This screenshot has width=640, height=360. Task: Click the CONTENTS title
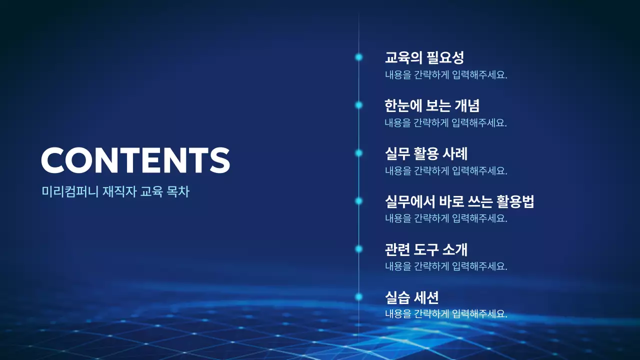(x=135, y=160)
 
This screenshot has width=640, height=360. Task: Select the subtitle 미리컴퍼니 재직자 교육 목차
(x=115, y=191)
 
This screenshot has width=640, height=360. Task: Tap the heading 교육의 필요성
(x=424, y=57)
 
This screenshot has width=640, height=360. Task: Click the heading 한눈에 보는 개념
(x=432, y=105)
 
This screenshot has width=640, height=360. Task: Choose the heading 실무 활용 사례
(x=426, y=153)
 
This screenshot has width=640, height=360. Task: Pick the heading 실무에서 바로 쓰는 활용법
(x=459, y=201)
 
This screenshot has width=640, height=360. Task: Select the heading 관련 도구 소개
(x=426, y=249)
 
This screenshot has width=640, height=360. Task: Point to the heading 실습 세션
(x=411, y=297)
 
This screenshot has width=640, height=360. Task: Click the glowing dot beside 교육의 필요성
(x=358, y=57)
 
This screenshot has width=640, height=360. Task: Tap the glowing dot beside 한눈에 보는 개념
(x=358, y=105)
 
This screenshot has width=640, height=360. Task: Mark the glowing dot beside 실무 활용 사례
(x=358, y=153)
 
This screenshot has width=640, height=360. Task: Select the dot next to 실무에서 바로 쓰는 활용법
(x=358, y=201)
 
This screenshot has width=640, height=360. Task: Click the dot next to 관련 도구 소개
(x=358, y=249)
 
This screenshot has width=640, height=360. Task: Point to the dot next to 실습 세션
(x=358, y=297)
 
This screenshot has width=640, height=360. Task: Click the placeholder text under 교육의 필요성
(x=446, y=75)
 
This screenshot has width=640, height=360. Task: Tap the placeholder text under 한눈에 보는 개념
(x=446, y=123)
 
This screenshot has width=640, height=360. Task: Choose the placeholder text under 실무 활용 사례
(x=446, y=171)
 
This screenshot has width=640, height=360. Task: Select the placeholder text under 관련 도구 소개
(x=446, y=266)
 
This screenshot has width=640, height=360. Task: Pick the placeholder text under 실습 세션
(x=446, y=314)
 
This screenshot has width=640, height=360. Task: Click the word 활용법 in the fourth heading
(x=515, y=201)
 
